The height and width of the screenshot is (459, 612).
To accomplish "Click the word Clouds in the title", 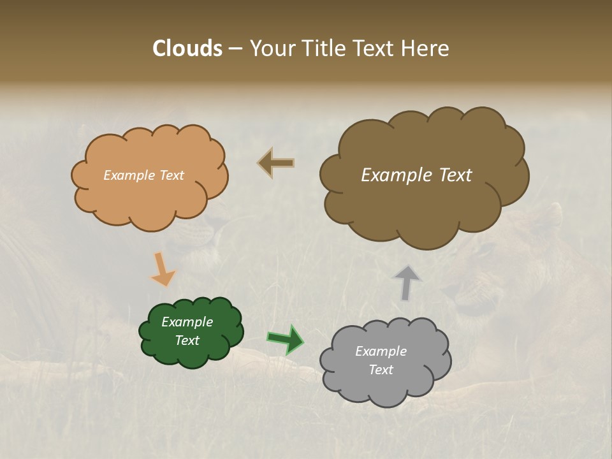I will [187, 48].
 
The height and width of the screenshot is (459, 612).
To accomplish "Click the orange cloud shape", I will [150, 198].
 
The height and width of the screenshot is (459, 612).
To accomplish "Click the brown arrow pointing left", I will [276, 163].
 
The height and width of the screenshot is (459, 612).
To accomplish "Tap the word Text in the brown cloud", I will [455, 175].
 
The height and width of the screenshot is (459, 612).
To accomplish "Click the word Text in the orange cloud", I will [171, 175].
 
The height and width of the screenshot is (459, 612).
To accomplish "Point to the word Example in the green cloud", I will [187, 322].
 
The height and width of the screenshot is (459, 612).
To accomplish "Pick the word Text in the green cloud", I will [187, 340].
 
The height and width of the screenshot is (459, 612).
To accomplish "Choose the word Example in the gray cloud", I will [381, 351].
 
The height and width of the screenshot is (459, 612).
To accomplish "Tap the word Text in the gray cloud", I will [381, 370].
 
